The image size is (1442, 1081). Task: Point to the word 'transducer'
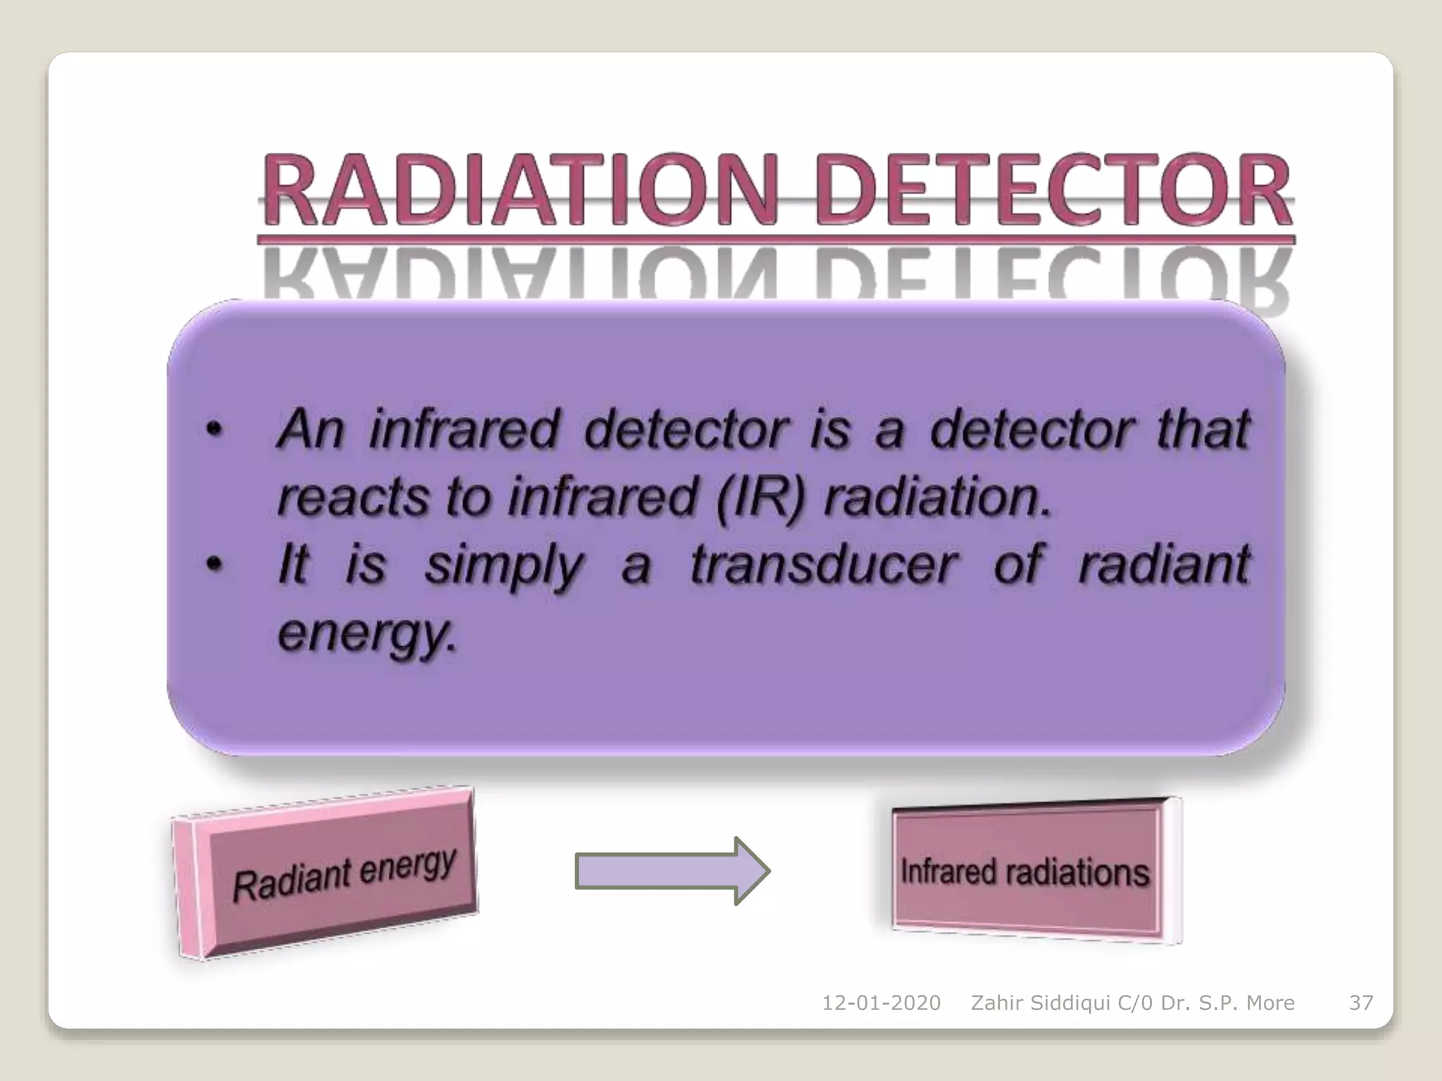(x=822, y=564)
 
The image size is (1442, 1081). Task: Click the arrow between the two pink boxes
(x=672, y=871)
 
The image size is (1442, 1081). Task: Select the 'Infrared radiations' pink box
(x=1025, y=871)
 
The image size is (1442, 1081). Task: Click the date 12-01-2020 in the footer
(x=881, y=1003)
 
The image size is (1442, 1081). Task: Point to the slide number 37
(x=1360, y=1003)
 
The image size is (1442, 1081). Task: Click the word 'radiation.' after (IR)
(x=937, y=497)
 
